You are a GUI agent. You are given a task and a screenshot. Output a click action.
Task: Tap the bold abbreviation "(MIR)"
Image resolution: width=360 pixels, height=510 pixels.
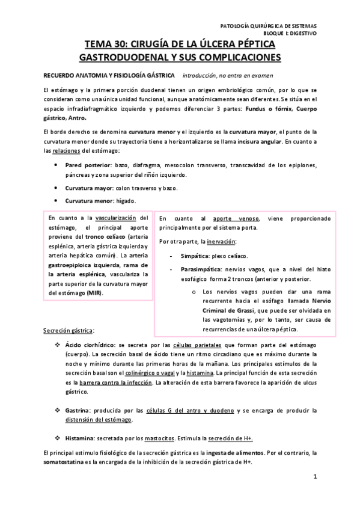(x=94, y=292)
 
